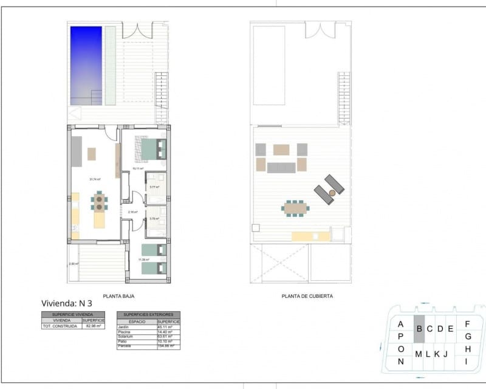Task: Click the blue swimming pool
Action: [x=86, y=65]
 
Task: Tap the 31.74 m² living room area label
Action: [x=95, y=179]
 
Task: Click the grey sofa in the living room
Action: [x=77, y=151]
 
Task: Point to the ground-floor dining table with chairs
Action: [x=99, y=201]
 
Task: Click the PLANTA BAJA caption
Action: [x=118, y=296]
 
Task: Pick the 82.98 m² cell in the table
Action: [x=93, y=326]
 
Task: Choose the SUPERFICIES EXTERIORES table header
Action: [x=148, y=315]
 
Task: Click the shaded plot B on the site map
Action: [x=419, y=329]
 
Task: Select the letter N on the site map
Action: [x=400, y=362]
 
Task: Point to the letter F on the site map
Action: [x=467, y=324]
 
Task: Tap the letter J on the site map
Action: [x=445, y=354]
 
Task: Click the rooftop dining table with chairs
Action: [x=295, y=208]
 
